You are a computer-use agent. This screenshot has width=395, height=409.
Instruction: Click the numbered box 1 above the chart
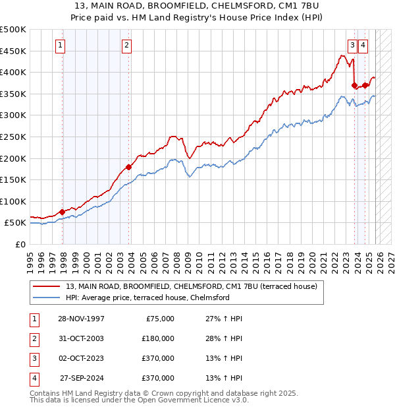(60, 46)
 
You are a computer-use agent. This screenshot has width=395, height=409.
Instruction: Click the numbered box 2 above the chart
(126, 46)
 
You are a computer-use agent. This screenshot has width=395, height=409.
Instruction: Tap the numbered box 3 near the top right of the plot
(353, 46)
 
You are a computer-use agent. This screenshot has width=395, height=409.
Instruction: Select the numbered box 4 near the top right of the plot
(363, 46)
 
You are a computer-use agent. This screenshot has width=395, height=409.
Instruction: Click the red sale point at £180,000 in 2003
(128, 167)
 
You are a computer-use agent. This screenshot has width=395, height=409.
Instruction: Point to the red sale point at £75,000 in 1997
(63, 212)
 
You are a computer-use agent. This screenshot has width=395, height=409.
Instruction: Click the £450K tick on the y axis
(13, 51)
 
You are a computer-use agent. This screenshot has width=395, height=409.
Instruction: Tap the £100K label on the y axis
(13, 201)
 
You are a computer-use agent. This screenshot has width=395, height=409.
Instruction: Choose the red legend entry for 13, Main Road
(192, 286)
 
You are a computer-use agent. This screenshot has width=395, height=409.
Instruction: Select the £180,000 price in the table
(157, 338)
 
